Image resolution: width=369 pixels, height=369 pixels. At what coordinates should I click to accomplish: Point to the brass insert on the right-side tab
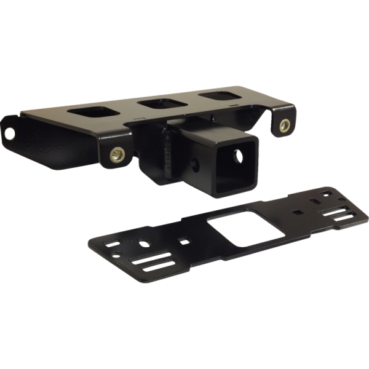pos(284,125)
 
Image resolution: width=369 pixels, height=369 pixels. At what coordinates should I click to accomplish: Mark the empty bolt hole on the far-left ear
pos(10,132)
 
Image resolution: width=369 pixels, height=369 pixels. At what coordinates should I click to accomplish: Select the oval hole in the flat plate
pos(144,242)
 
